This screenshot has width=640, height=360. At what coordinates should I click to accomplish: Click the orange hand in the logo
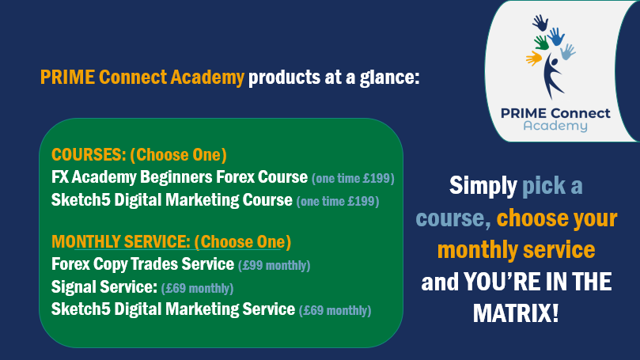coord(534,59)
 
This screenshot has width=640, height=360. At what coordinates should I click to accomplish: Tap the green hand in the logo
coord(542,43)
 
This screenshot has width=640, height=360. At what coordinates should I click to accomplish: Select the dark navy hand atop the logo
coord(540,23)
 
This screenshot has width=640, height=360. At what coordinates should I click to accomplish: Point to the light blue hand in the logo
coord(568,52)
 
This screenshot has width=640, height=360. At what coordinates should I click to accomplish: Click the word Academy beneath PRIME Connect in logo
coord(555,126)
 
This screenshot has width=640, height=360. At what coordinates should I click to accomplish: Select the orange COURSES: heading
coord(89,155)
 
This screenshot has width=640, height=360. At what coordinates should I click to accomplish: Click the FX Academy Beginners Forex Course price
coord(353,178)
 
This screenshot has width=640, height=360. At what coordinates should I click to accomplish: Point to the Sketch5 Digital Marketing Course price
coord(338,201)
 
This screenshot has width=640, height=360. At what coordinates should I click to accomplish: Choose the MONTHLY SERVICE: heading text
coord(121,241)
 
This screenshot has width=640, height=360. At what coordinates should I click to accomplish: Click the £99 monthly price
coord(275,265)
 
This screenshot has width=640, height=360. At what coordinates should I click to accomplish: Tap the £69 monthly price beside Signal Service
coord(198,288)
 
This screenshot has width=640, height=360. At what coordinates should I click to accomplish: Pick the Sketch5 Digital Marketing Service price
coord(335,311)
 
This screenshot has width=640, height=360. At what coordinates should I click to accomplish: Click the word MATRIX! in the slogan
coord(516,314)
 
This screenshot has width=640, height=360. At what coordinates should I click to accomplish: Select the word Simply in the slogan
coord(483,186)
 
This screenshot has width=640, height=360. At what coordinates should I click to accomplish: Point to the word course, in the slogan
coord(453,218)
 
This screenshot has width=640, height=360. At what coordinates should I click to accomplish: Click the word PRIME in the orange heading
coord(67,78)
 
